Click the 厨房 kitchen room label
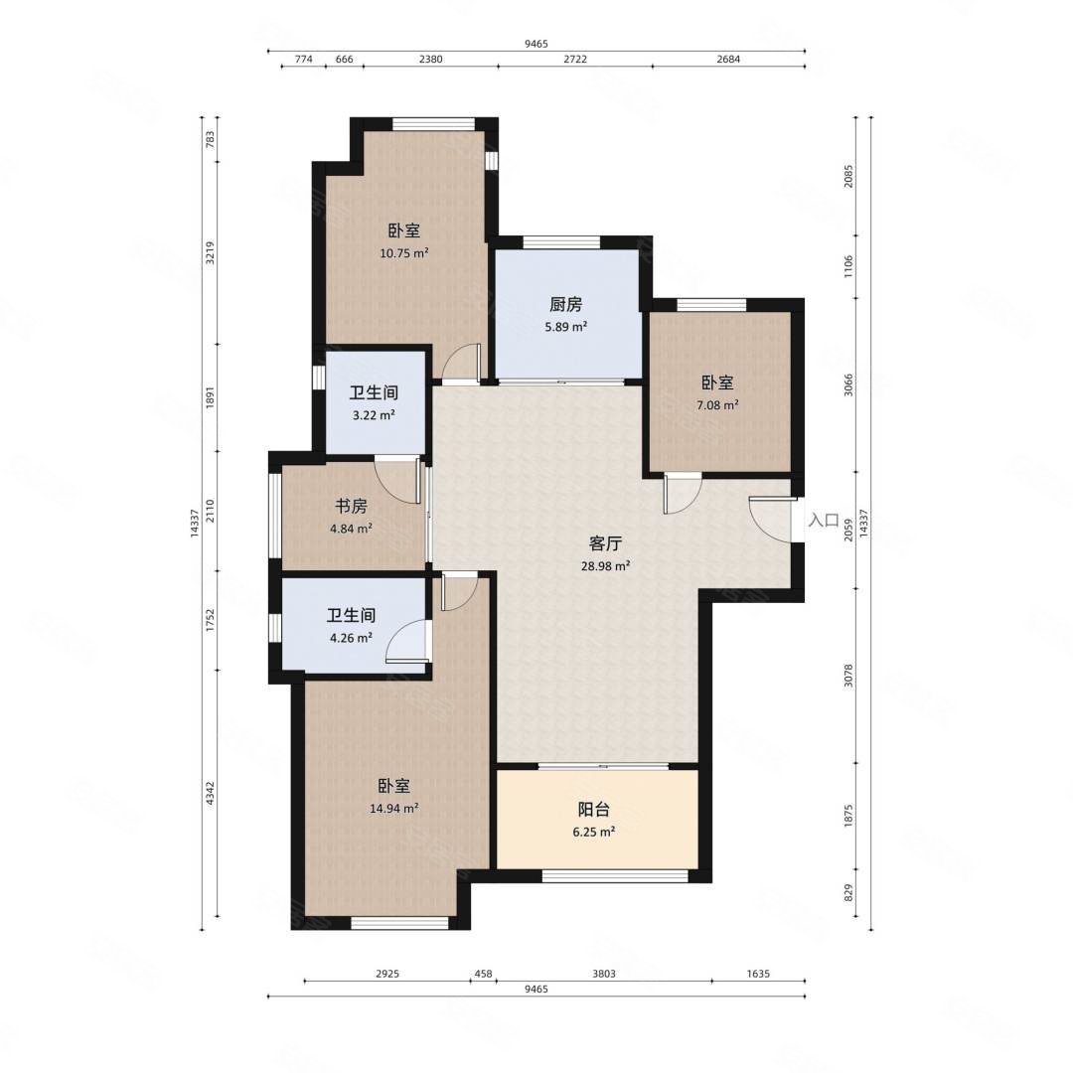[x=565, y=304]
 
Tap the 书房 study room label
[x=351, y=507]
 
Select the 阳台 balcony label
[x=593, y=810]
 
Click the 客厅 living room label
[x=606, y=544]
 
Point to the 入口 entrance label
[x=824, y=520]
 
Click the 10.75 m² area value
[x=404, y=253]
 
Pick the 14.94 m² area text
[x=394, y=808]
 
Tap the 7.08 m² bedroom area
[x=718, y=405]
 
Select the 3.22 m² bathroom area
[x=374, y=415]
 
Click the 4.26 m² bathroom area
[x=351, y=638]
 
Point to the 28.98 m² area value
[x=606, y=566]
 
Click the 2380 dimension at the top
[x=430, y=59]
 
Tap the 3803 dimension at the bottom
[x=604, y=973]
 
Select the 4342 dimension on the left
[x=210, y=793]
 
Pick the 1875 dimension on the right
[x=848, y=817]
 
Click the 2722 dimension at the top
[x=575, y=59]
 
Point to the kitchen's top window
[x=561, y=242]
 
